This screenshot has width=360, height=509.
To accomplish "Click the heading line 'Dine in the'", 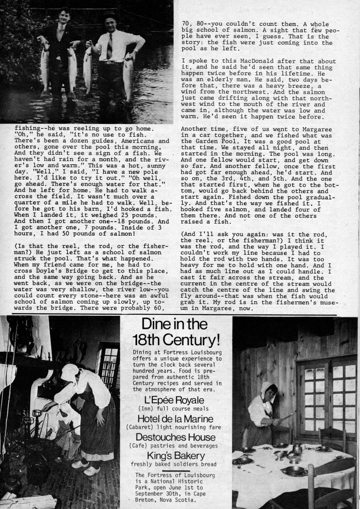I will [174, 325].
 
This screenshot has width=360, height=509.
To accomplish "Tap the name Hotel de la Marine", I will [175, 419].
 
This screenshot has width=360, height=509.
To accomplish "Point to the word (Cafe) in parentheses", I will [142, 446].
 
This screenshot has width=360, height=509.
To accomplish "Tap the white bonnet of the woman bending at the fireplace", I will [71, 373].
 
